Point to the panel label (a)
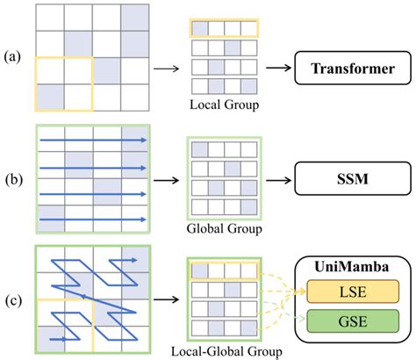click(x=13, y=57)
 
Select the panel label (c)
click(x=13, y=299)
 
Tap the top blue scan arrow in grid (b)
click(x=92, y=139)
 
